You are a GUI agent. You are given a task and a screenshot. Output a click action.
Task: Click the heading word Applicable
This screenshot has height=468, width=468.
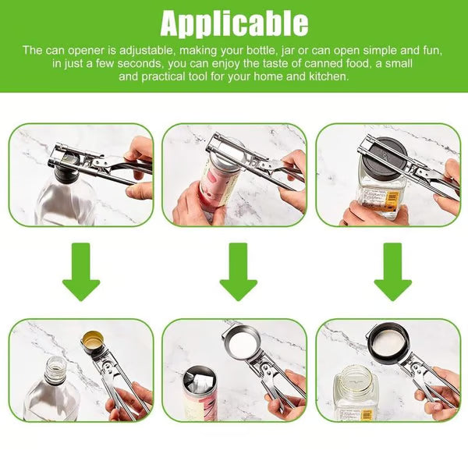(x=234, y=23)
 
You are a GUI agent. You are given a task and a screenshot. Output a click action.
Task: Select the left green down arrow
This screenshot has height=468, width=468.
(x=81, y=271)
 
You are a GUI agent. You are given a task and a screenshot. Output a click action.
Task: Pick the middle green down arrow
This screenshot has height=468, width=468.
(x=238, y=271)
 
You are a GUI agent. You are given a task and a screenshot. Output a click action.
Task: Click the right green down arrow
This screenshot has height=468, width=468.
(x=392, y=271)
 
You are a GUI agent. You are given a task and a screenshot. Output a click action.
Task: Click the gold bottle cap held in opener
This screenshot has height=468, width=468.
(x=92, y=340)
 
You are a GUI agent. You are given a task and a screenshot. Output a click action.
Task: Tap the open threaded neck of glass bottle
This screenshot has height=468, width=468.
(x=56, y=367)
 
